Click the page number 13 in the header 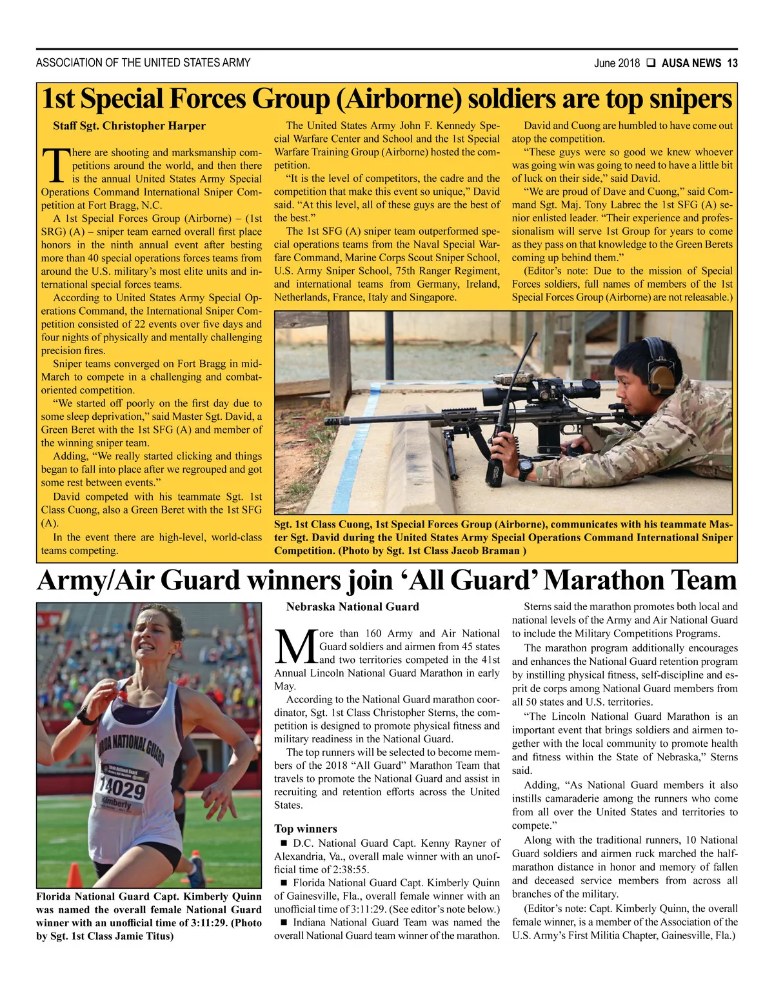pos(732,63)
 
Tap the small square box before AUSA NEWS pos(651,63)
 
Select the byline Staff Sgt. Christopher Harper pos(129,126)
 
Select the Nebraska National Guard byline pos(352,607)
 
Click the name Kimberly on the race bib pos(117,804)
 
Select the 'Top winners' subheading pos(306,829)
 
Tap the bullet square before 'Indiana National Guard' pos(283,923)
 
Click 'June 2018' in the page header pos(617,63)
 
